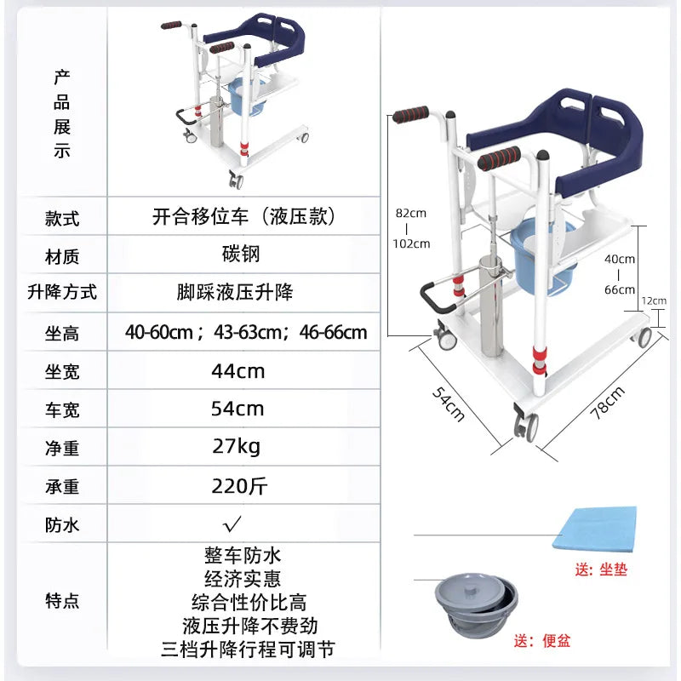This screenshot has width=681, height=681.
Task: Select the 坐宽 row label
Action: click(62, 372)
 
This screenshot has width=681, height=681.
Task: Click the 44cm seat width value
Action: click(238, 371)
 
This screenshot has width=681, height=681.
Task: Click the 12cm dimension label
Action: click(654, 300)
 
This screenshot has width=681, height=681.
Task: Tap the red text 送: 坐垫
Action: click(600, 569)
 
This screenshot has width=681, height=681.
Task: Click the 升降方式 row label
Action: click(62, 293)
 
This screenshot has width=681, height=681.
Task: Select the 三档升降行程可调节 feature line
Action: click(247, 650)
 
